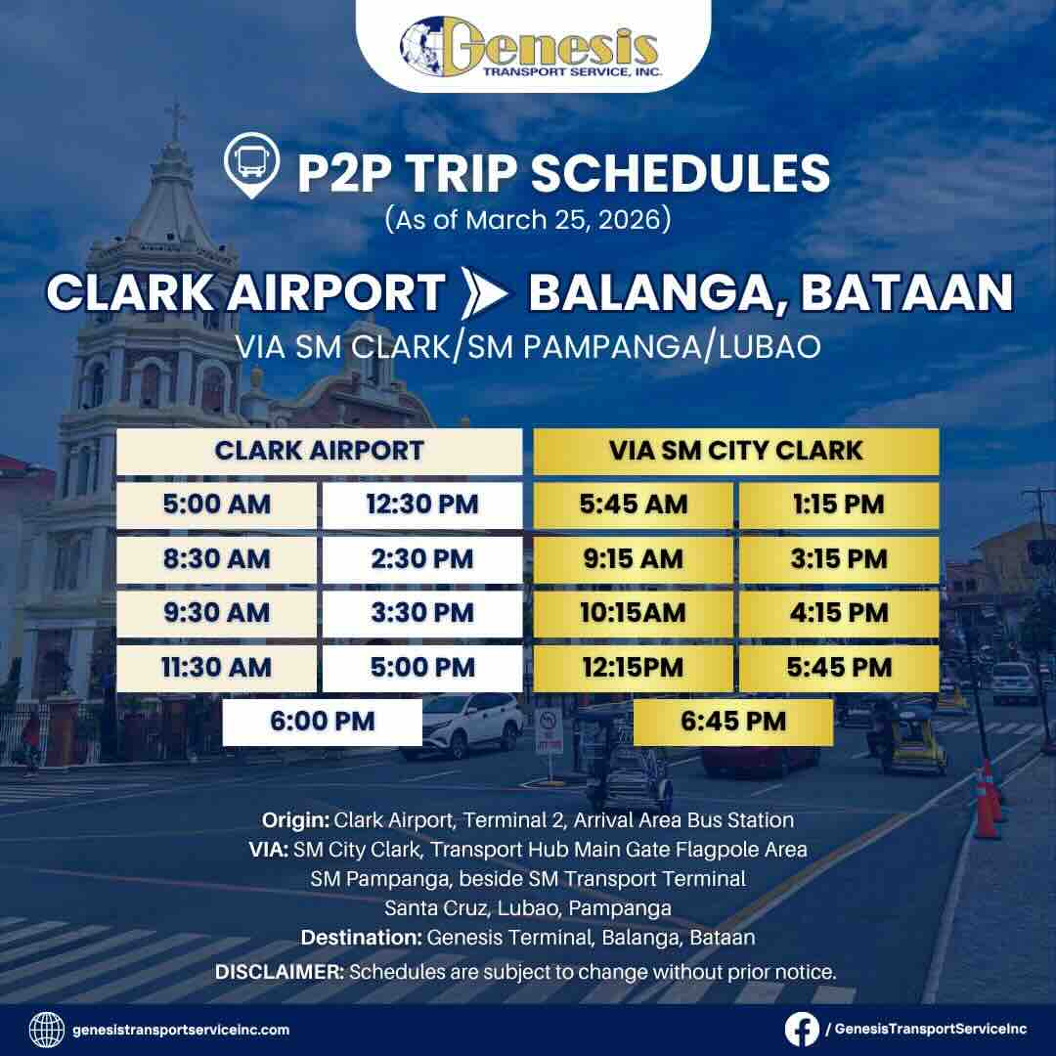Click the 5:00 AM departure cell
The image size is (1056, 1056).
(x=216, y=505)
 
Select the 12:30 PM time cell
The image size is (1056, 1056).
(x=422, y=505)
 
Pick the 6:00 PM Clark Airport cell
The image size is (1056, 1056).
(x=323, y=722)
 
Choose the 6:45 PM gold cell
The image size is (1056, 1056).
(x=733, y=722)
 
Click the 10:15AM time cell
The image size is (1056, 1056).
(x=633, y=613)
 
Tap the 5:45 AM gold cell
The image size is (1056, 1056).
(x=633, y=505)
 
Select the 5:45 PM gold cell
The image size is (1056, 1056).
(x=839, y=667)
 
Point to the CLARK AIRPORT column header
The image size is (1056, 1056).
(x=319, y=451)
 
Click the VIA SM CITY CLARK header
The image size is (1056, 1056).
(x=735, y=451)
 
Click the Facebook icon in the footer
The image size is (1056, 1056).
(x=803, y=1029)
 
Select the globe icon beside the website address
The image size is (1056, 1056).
(x=47, y=1029)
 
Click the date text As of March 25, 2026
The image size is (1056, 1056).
(x=528, y=218)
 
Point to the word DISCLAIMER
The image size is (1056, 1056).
(x=279, y=973)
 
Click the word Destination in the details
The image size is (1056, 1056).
(x=361, y=937)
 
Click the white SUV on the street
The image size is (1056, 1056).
(x=462, y=725)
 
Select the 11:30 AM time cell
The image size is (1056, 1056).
(x=216, y=667)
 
